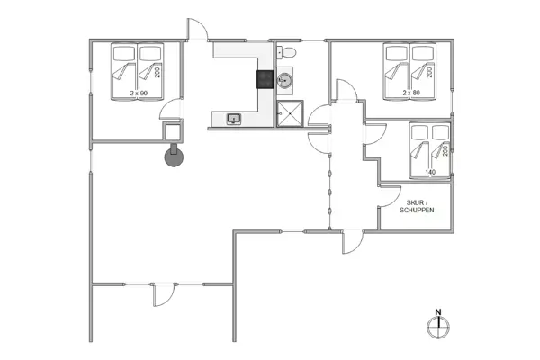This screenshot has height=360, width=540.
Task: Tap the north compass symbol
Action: point(438,327)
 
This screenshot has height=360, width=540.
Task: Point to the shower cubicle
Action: point(289,115)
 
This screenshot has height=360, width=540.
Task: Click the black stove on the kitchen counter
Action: point(265,79)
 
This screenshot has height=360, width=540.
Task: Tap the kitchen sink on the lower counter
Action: point(233,118)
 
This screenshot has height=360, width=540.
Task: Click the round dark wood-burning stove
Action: point(173,157)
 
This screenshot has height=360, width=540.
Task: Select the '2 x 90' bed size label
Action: point(138,93)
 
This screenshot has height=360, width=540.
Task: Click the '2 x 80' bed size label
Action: point(412,93)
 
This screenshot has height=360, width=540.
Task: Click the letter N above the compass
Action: point(438,312)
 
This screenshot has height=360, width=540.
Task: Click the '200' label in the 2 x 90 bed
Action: point(157,72)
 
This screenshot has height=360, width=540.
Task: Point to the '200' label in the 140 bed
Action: point(445,148)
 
